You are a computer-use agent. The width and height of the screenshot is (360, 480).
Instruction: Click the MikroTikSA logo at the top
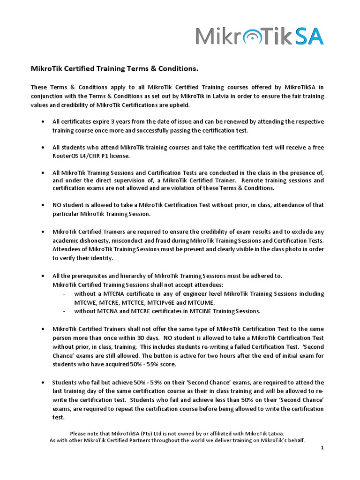(x=259, y=36)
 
